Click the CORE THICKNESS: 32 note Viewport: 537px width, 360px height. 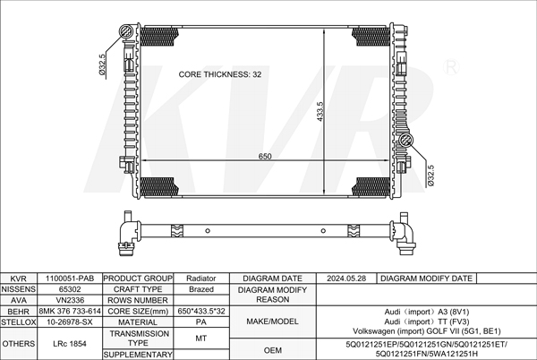point(220,74)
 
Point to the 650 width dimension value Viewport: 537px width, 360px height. point(265,157)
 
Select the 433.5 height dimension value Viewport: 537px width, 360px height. point(320,111)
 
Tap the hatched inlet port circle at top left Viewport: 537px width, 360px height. point(125,31)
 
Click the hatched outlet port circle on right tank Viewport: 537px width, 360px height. point(406,140)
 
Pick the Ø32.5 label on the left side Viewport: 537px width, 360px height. point(102,64)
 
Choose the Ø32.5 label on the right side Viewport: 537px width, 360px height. point(430,176)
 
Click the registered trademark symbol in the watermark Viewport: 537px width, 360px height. point(451,67)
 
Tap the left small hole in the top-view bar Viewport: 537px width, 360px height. point(208,231)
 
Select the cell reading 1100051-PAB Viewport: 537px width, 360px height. point(70,279)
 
